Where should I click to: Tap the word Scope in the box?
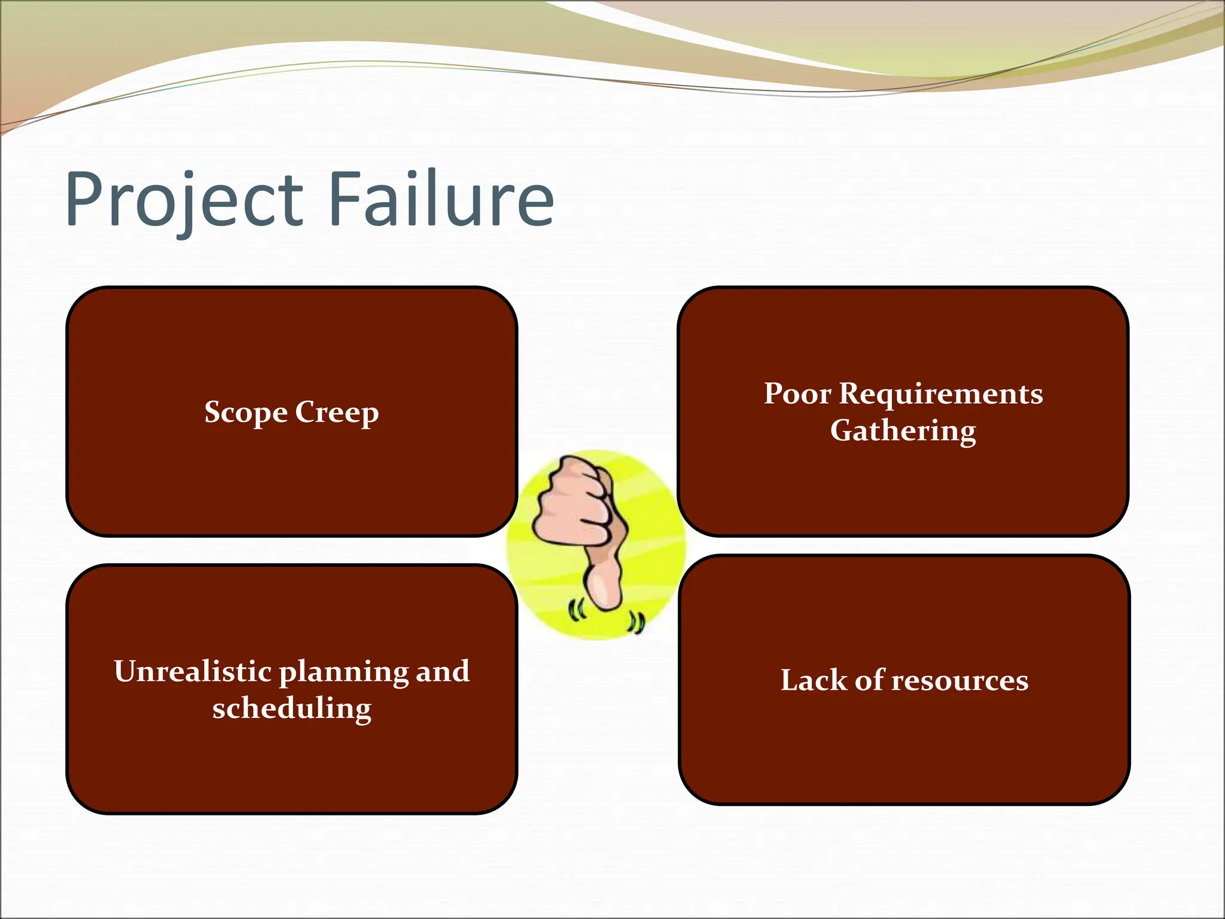[246, 413]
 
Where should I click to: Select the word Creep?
[337, 413]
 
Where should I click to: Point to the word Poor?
[797, 394]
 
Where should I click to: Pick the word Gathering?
[903, 431]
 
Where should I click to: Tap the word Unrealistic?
[193, 671]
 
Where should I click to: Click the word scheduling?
[292, 710]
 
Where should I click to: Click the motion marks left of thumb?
[576, 611]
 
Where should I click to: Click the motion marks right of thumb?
[635, 623]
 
